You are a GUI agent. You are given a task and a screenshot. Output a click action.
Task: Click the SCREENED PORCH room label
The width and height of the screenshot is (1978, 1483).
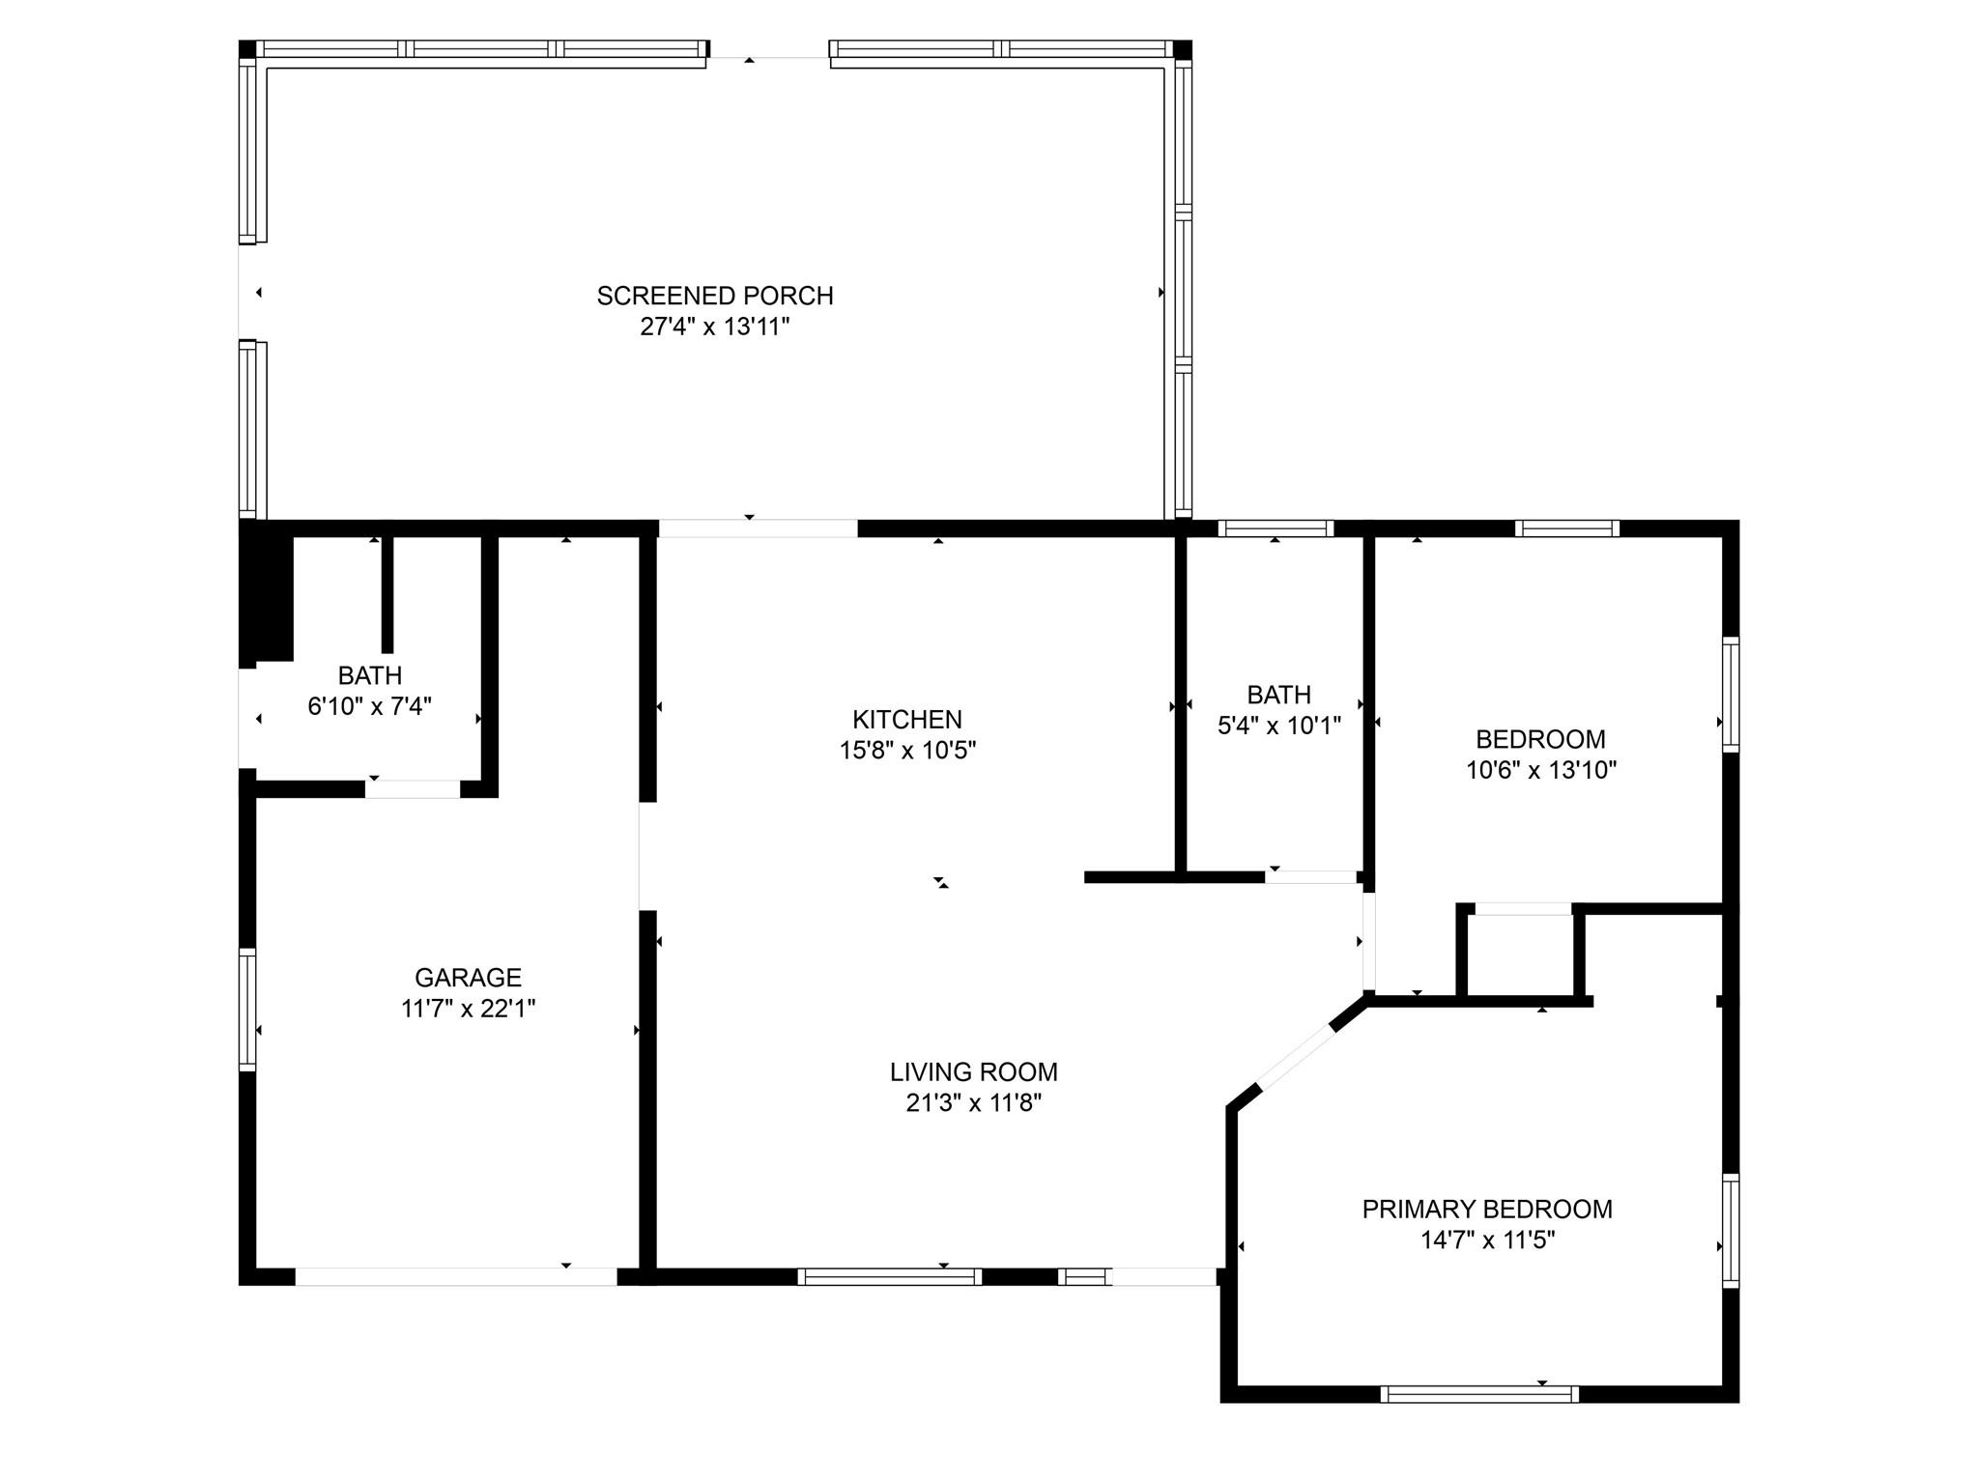tap(715, 296)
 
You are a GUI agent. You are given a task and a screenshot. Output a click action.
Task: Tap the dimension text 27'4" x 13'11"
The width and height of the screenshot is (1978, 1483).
tap(715, 327)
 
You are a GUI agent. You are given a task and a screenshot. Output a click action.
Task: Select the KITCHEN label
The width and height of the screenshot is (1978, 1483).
tap(907, 720)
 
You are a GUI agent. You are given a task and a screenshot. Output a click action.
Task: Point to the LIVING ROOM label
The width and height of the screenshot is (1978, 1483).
tap(974, 1072)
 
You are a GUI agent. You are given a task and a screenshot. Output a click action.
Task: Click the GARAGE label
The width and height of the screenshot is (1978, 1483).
tap(469, 978)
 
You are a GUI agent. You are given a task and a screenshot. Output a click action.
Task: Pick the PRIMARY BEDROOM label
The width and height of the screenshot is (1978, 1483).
tap(1487, 1210)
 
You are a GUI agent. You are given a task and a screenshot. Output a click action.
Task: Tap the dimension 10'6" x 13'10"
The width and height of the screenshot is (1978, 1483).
tap(1541, 770)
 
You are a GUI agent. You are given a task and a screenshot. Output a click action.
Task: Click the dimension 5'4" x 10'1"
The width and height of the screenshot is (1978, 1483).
tap(1279, 726)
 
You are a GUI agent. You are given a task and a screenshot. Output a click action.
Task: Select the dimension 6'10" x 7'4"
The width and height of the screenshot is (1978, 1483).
tap(369, 706)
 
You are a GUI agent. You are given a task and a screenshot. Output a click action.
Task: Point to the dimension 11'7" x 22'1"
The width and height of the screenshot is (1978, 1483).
tap(469, 1009)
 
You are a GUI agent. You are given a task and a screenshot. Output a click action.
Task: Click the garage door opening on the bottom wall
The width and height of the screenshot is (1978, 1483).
tap(456, 1276)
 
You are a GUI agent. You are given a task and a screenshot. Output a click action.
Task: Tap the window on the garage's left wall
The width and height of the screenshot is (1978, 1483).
tap(247, 1010)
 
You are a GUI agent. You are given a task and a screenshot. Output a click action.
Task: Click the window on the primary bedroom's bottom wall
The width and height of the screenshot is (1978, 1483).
tap(1479, 1394)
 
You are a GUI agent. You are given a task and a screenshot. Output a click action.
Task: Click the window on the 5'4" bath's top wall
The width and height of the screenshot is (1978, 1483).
tap(1276, 528)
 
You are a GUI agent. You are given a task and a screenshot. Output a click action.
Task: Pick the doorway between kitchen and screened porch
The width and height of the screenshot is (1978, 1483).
tap(758, 528)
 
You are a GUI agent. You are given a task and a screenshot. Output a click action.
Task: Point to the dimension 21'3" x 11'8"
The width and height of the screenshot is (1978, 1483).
tap(974, 1103)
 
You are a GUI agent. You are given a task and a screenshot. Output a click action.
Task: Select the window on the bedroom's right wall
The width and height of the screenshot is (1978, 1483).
tap(1731, 695)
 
